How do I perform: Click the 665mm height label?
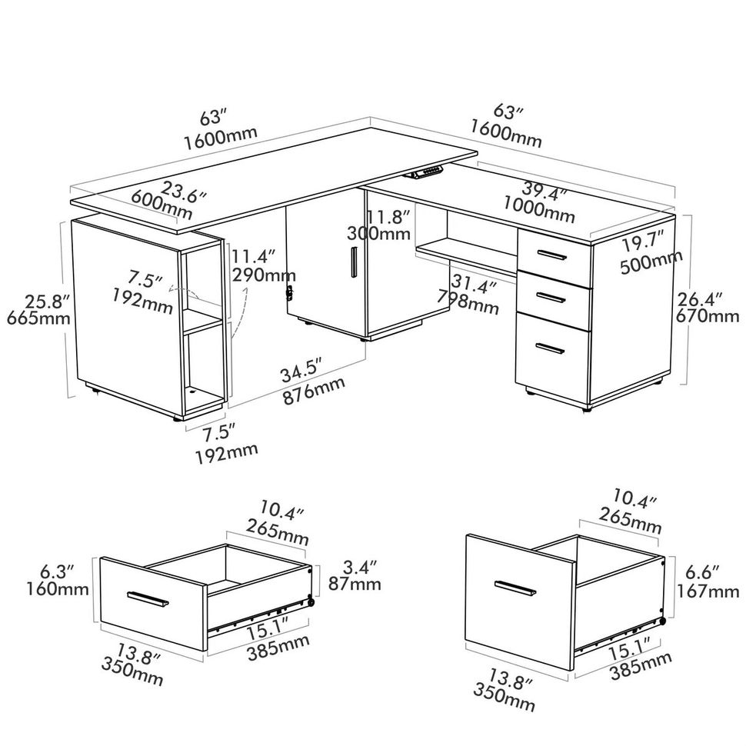38,317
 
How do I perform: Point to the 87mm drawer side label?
355,584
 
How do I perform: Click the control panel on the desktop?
429,173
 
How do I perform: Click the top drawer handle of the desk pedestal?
551,255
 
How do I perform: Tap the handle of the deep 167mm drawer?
516,588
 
